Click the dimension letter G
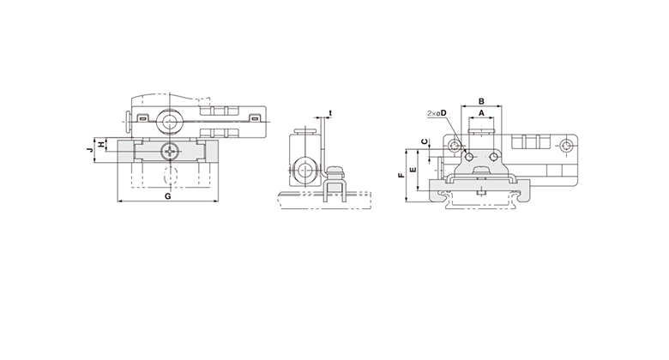[167, 196]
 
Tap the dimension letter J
[89, 150]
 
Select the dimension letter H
[101, 145]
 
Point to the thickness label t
[330, 113]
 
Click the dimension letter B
[481, 101]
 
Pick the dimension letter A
[481, 113]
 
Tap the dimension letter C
[424, 141]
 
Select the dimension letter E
[413, 170]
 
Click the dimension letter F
[401, 175]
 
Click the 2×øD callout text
[437, 113]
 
